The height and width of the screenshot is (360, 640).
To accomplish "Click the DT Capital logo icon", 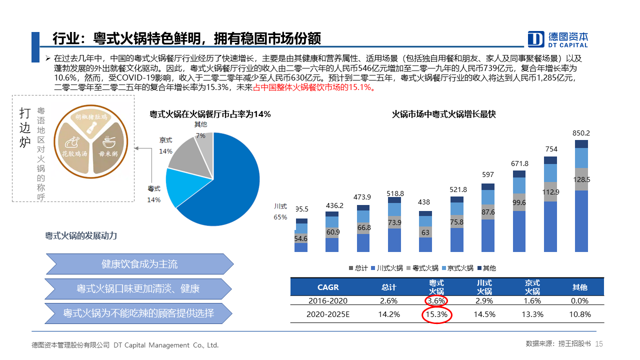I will coord(536,39).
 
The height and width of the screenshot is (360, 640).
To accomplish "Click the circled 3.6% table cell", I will coord(436,301).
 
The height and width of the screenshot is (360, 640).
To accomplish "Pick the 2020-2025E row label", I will coord(328,314).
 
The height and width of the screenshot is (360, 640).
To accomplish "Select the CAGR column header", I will coord(328,287).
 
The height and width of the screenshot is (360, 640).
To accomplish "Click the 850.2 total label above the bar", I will coord(581,133).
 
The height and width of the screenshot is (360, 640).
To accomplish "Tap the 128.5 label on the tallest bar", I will coord(581,179).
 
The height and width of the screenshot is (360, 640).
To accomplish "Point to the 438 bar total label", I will coord(424,202).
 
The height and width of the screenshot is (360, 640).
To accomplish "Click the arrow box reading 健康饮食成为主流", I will coord(139,264).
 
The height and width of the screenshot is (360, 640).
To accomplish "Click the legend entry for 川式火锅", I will coord(386,268).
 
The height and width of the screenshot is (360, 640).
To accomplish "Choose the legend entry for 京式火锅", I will coord(457,268).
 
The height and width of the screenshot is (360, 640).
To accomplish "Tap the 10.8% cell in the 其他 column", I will coord(580,314).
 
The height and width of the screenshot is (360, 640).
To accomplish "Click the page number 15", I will coord(599,344).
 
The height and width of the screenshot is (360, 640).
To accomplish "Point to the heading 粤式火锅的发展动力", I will coord(81,235).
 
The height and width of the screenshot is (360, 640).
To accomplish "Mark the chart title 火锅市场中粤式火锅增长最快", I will coord(443,114).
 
